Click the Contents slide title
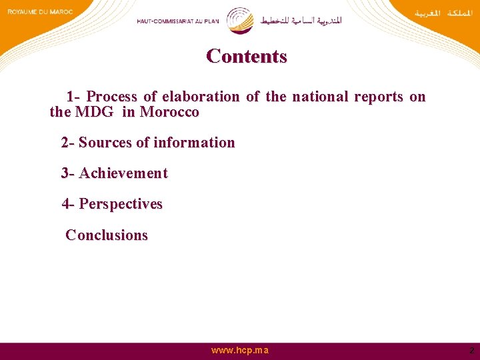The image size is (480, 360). coord(247,56)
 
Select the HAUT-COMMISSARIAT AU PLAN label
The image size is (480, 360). coord(179,21)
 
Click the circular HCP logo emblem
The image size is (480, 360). coord(240,20)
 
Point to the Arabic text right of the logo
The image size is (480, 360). coord(301,21)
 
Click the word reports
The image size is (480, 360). coord(378,97)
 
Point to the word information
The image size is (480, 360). coord(194,143)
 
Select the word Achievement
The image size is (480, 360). coord(123,173)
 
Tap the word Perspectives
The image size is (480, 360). coord(121,204)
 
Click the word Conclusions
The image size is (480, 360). coord(107,235)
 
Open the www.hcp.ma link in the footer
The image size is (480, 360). coord(239,350)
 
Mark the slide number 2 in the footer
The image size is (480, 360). coord(471,350)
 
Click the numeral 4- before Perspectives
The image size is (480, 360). coord(68,204)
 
